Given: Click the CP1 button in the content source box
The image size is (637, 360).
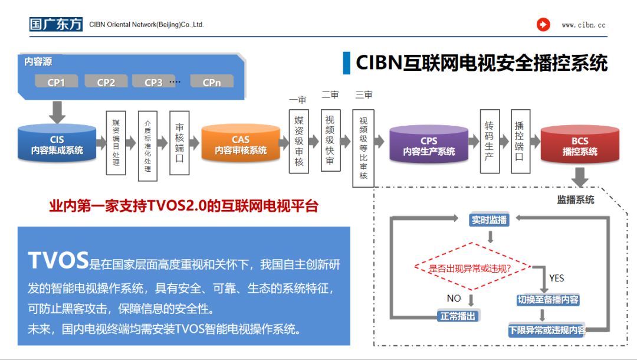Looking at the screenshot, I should pyautogui.click(x=56, y=82).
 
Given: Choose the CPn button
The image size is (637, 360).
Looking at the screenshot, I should pyautogui.click(x=212, y=82).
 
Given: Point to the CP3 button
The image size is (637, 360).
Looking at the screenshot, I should pyautogui.click(x=153, y=82).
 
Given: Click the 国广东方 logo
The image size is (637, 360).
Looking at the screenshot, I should pyautogui.click(x=56, y=24).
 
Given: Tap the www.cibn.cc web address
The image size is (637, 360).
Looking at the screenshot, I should pyautogui.click(x=583, y=25).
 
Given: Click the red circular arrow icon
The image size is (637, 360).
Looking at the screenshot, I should pyautogui.click(x=543, y=25).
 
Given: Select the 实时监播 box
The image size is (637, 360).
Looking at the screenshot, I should pyautogui.click(x=489, y=220).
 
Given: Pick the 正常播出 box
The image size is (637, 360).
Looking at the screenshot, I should pyautogui.click(x=458, y=316).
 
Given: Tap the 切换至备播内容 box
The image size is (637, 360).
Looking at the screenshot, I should pyautogui.click(x=548, y=300).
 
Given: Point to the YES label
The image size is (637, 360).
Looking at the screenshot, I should pyautogui.click(x=556, y=278).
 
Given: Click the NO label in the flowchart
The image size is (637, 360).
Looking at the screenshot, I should pyautogui.click(x=454, y=299).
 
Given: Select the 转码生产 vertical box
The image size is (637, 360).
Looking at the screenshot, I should pyautogui.click(x=490, y=142).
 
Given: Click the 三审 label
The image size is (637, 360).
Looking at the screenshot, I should pyautogui.click(x=364, y=94).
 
